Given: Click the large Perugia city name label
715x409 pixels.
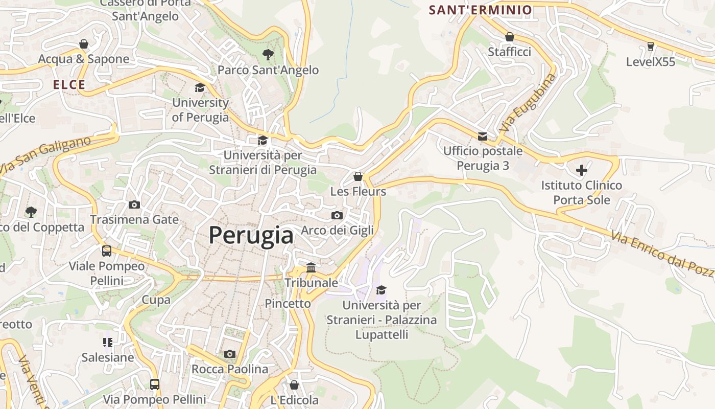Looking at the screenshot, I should pos(251,235).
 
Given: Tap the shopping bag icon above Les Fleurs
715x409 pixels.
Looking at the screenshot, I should pos(358,176).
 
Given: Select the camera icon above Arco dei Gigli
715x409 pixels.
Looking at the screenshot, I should pos(337,215).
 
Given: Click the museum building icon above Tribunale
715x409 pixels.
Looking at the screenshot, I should pos(311,267).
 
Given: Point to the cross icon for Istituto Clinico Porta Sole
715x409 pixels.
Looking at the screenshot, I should pos(581,170).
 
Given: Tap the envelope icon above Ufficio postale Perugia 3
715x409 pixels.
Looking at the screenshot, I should pos(483,136).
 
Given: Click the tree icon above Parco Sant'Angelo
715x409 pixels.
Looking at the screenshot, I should pos(268,55).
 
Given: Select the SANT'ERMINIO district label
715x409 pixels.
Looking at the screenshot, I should pos(480,10).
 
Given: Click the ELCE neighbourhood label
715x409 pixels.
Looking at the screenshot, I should pos(69,85).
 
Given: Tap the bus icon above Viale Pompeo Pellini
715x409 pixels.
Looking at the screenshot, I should pos(107,251).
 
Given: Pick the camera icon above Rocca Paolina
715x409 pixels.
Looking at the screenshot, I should pos(229,354).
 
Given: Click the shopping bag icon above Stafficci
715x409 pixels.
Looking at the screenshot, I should pos(509,37).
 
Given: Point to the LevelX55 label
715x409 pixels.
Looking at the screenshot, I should pos(650,62).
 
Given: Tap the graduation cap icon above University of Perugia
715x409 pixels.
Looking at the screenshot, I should pos(200,88).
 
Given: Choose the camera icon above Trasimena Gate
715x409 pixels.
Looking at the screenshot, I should pos(134,204).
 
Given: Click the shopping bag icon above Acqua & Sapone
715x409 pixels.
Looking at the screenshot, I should pos(83,44).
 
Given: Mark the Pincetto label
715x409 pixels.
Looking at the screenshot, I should pos(288,303).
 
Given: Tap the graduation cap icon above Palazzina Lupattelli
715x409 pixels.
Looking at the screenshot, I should pos(381,290).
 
